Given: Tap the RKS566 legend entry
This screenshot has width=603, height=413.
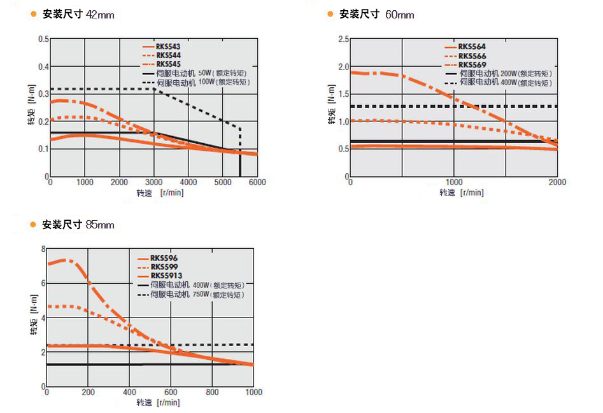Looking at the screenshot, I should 472,56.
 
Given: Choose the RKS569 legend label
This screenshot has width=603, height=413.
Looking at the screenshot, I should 472,65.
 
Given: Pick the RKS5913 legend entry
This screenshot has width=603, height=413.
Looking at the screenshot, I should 166,276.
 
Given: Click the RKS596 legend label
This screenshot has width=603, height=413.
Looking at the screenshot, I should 164,258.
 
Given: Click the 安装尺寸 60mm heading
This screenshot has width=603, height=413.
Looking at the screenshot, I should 376,14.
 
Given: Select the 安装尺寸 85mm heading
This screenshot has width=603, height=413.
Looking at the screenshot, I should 78,225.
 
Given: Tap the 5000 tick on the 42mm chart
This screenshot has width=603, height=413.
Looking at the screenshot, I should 222,183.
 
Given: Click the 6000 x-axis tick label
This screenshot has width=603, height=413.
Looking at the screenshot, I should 257,183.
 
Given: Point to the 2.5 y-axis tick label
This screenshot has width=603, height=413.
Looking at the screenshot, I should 343,39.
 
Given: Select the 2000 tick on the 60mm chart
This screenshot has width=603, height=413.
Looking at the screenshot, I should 557,183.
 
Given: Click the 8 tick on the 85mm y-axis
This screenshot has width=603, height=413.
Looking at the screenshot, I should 43,249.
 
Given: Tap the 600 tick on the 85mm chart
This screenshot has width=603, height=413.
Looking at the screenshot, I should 171,392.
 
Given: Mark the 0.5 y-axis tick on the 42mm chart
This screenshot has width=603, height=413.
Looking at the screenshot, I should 43,39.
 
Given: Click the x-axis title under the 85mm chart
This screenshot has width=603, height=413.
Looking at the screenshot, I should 158,402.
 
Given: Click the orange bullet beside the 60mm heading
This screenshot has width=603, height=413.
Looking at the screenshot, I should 330,14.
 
